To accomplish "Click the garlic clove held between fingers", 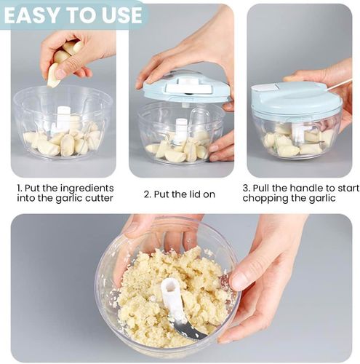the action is point(54,75).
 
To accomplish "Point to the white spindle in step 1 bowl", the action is point(63,119).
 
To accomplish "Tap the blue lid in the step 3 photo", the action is point(296,98).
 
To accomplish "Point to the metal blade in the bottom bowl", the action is point(191,328).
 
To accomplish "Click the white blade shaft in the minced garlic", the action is point(172,301).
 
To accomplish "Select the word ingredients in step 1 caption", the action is point(87,189).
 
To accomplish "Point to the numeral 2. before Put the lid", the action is point(148,194).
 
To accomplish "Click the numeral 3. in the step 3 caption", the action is point(247,189).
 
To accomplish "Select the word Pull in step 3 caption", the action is point(261,188).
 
